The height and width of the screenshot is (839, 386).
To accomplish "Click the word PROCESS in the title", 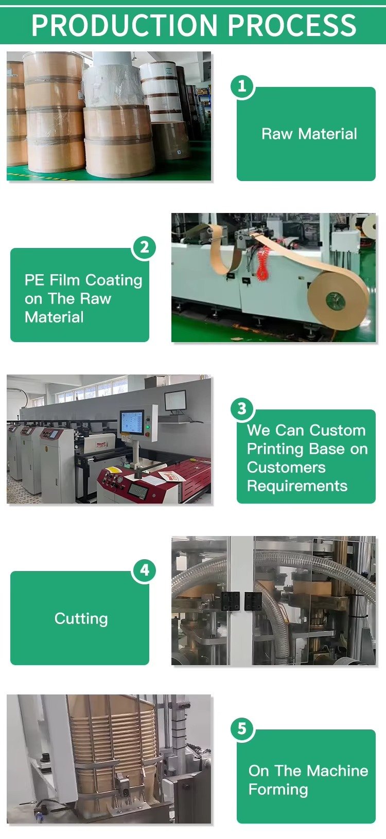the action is pos(292,25).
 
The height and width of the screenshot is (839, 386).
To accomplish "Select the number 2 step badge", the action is pos(144,247).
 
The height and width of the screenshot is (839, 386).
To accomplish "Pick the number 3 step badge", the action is pos(242,408).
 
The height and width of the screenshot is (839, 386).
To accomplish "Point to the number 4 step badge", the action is pos(144,570).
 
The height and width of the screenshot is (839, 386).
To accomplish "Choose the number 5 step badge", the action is pos(242,728).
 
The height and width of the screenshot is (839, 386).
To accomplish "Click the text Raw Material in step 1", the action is pos(309,134).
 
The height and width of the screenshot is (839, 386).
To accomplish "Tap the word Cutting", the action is pos(81,618).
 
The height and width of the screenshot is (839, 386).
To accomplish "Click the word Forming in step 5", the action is pos(278,789).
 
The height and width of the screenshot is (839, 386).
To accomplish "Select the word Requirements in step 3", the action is pos(297,486).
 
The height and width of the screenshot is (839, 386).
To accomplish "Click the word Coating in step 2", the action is pos(114,280).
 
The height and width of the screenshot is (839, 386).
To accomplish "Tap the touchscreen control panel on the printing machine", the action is pos(132,423).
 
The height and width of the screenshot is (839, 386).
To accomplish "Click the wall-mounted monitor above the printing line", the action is pos(175,400).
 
